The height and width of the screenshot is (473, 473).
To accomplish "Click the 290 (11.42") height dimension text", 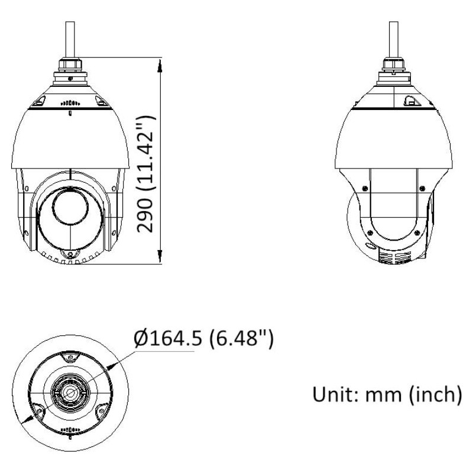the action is [146, 174].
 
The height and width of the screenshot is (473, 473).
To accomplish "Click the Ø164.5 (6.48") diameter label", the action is [203, 339].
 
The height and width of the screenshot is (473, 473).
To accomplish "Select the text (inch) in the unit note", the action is [436, 395].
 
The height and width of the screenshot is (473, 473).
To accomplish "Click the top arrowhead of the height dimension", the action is [160, 66].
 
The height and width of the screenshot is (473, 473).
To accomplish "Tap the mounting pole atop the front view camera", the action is [70, 39].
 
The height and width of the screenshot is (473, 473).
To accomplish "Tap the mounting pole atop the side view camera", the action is [393, 39].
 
